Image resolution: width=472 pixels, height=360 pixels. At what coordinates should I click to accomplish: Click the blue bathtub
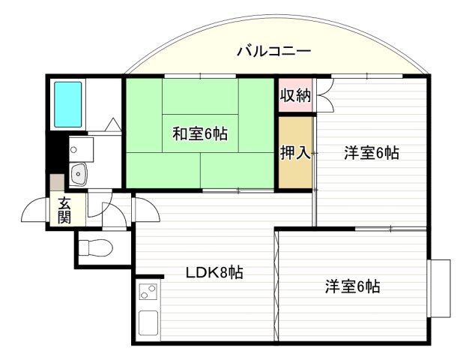tap(67, 104)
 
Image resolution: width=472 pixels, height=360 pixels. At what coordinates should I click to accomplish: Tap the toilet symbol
tap(95, 247)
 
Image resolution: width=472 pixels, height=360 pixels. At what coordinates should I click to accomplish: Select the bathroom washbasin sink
tap(78, 174)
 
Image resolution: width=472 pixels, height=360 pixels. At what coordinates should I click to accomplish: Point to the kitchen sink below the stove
tap(148, 323)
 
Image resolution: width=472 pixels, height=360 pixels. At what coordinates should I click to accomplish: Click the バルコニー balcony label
tap(273, 51)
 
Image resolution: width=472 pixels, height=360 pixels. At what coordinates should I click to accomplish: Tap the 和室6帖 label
tap(200, 133)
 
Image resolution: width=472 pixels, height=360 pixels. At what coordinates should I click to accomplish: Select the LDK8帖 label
tap(214, 273)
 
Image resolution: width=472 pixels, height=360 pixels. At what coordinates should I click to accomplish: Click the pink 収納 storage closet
tap(295, 95)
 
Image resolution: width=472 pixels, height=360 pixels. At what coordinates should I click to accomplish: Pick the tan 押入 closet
tap(295, 152)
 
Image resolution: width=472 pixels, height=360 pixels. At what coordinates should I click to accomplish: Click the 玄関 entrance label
tap(64, 210)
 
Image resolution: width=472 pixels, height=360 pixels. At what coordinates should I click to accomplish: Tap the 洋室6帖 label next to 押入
tap(372, 153)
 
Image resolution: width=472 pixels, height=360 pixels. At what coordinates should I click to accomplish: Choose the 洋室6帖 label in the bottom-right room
tap(352, 286)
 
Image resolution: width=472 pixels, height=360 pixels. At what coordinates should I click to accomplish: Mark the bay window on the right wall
tap(439, 288)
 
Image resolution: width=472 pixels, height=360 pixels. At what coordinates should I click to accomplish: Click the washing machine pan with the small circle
tap(81, 149)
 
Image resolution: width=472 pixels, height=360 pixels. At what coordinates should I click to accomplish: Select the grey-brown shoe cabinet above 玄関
tap(57, 182)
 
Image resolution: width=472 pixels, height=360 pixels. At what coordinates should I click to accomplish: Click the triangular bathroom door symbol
tap(113, 124)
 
